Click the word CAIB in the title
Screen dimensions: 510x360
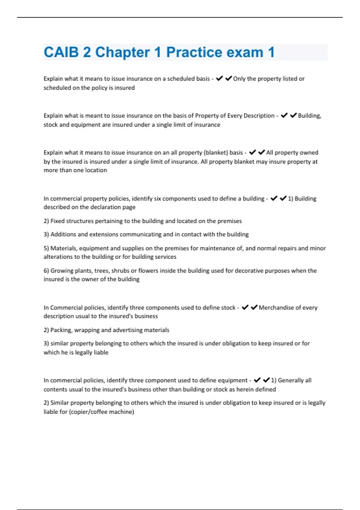point(61,52)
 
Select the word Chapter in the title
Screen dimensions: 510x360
point(122,52)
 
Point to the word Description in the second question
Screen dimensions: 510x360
point(259,115)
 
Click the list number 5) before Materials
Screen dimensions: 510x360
point(46,248)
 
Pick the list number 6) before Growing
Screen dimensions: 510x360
point(46,271)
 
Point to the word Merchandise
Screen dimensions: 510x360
point(277,307)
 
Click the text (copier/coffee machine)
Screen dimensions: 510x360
point(101,412)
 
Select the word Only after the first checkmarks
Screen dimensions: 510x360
point(239,79)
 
